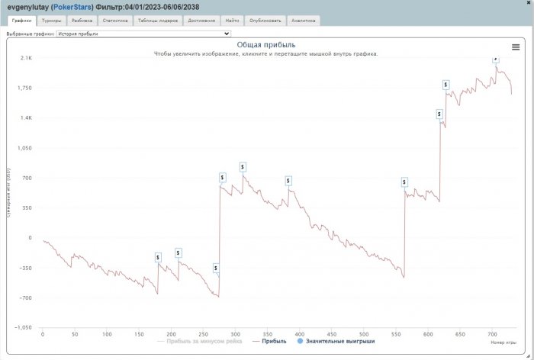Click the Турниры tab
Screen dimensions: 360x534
[x=52, y=21]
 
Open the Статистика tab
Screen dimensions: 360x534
[x=115, y=21]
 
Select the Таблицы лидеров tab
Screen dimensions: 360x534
[x=158, y=21]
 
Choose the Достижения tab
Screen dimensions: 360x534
[x=202, y=21]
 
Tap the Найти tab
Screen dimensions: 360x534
[x=232, y=21]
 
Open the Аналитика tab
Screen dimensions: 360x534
[x=303, y=21]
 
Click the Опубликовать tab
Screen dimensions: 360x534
[x=264, y=21]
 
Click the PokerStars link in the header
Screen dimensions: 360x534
[x=72, y=6]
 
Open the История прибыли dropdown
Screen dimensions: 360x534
[x=143, y=34]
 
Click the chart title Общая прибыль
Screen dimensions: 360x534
[x=265, y=45]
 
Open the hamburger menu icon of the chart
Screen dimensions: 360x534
[x=516, y=47]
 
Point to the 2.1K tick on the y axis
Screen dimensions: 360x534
[x=26, y=58]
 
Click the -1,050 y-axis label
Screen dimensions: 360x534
[x=23, y=327]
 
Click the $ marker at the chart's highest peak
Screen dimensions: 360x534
[x=495, y=58]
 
